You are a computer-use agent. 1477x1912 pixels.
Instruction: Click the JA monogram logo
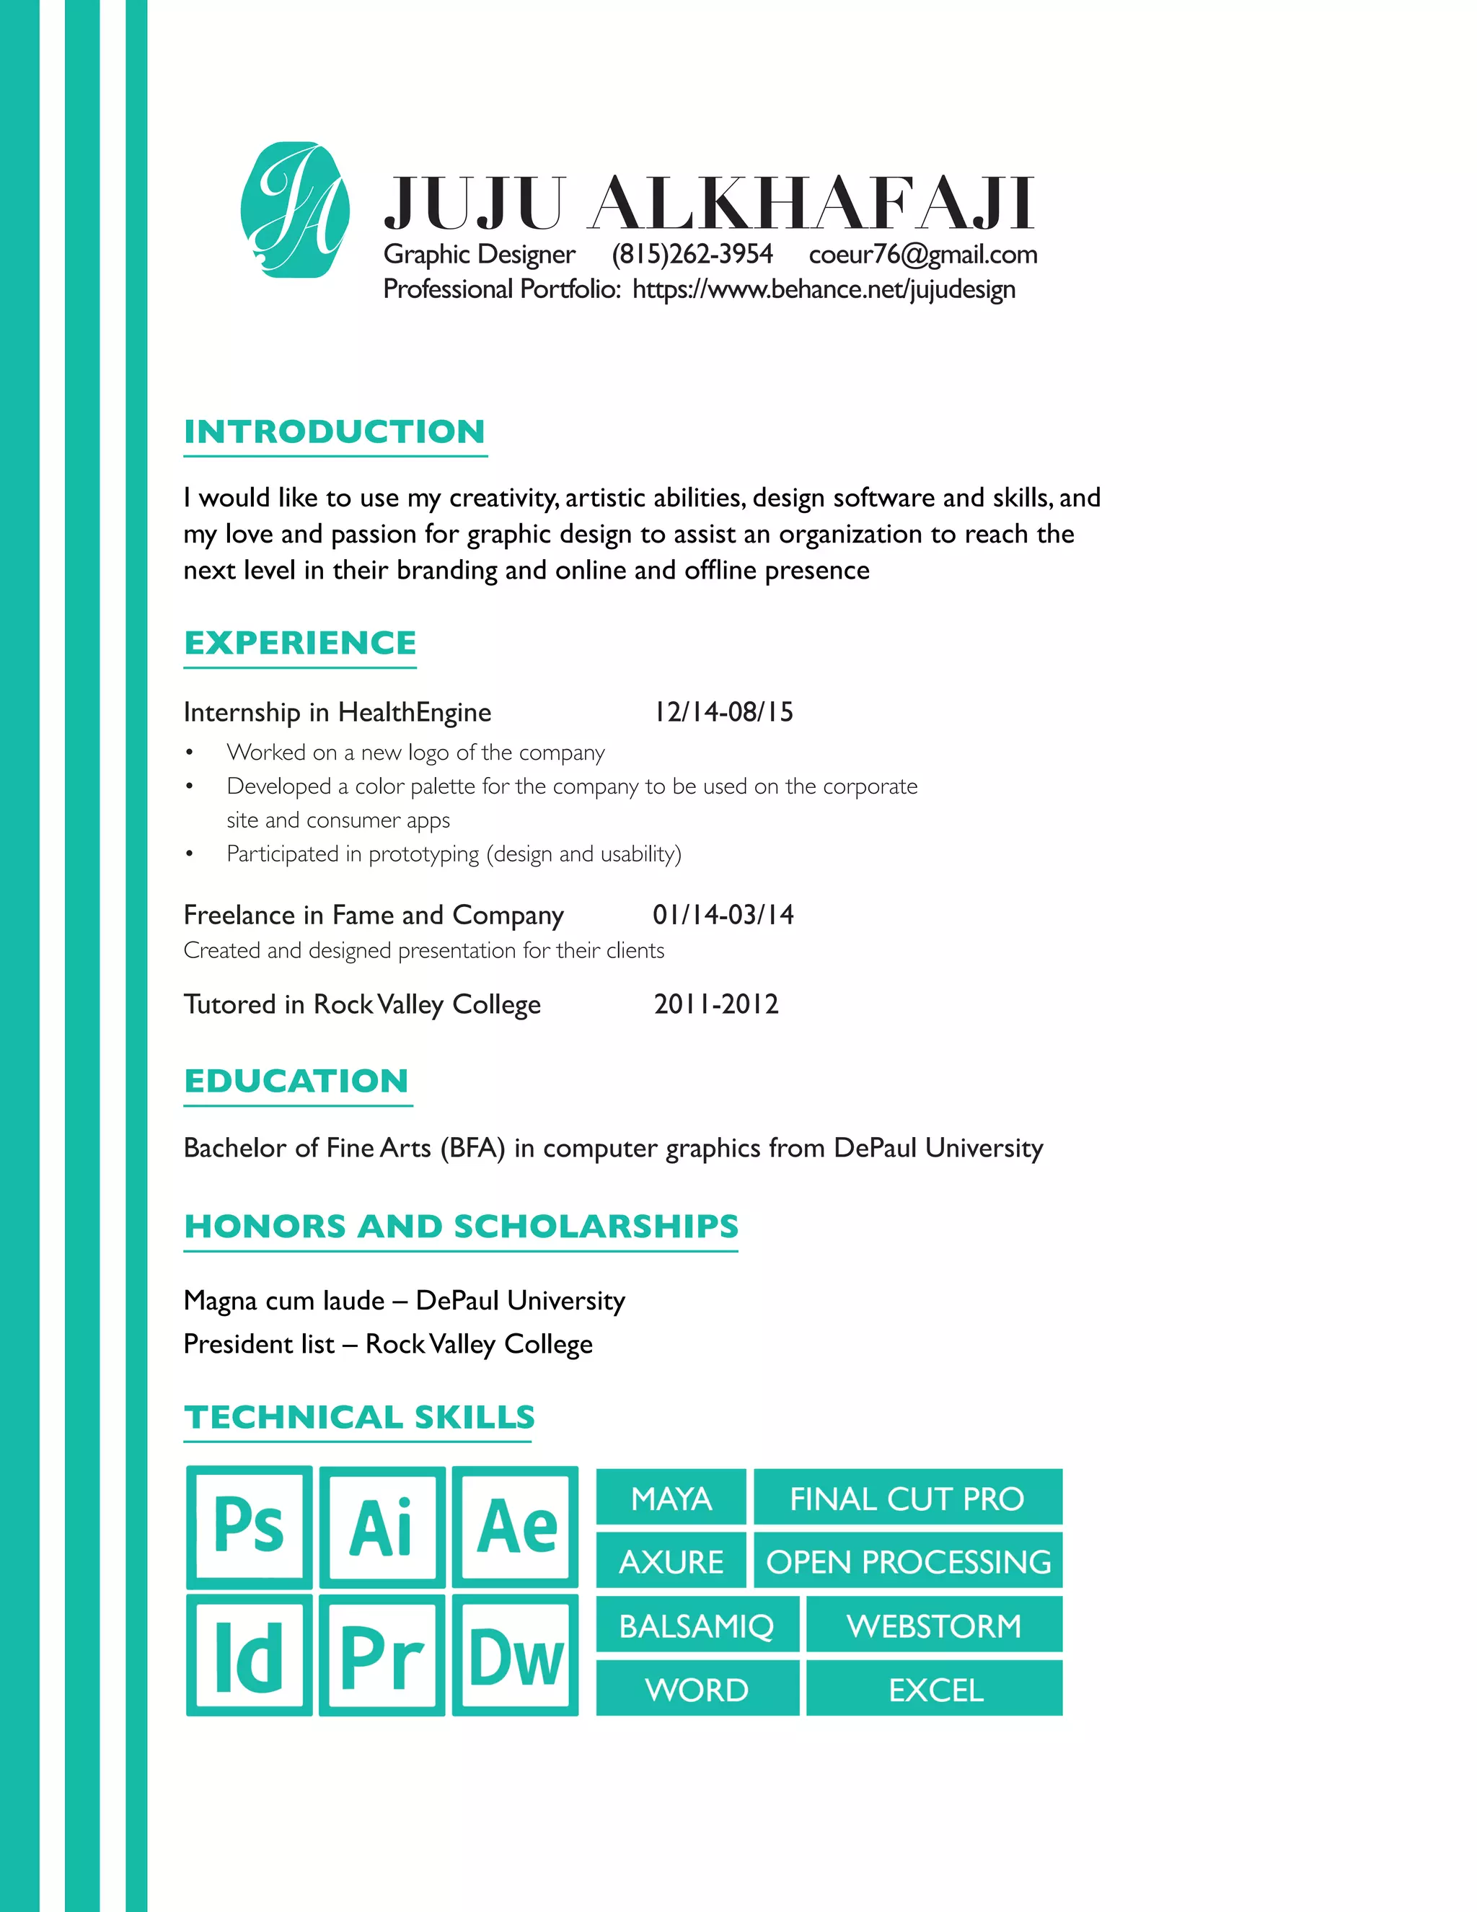(295, 210)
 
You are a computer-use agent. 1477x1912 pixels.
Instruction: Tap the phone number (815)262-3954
(692, 254)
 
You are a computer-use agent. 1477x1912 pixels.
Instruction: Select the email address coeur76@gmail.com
(923, 254)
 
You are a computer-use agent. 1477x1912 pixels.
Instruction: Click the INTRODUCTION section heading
(334, 431)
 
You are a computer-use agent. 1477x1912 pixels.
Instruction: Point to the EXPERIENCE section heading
(300, 643)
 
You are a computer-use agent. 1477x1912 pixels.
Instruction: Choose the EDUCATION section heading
(296, 1080)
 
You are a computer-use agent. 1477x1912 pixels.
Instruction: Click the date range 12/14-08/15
(723, 711)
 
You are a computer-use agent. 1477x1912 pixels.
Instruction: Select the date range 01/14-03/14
(723, 915)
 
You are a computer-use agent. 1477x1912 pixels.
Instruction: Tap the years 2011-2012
(715, 1004)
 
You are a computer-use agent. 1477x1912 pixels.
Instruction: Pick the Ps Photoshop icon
(250, 1526)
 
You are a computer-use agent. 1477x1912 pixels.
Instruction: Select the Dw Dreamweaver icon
(516, 1655)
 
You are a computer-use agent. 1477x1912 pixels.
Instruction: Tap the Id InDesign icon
(250, 1655)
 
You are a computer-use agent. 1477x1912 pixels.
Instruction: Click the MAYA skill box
(671, 1499)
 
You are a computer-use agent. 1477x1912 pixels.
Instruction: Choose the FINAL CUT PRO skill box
(907, 1499)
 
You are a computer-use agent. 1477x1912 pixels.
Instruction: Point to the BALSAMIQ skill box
(697, 1626)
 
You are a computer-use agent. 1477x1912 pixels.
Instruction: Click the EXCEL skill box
(935, 1690)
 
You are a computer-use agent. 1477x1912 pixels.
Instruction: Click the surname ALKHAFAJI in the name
(811, 203)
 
